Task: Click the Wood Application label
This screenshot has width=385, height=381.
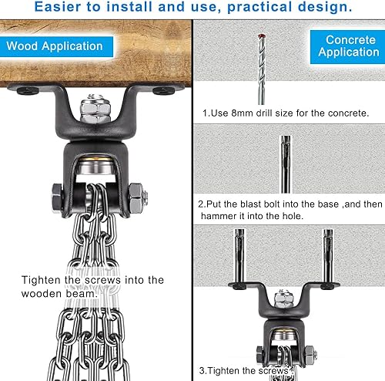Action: click(x=54, y=46)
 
